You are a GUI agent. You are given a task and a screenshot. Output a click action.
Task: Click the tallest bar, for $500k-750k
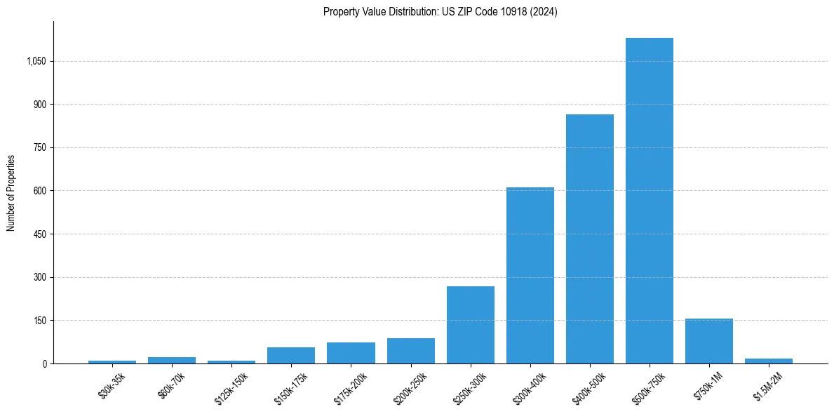[x=650, y=201]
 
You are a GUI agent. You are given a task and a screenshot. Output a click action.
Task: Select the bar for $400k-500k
[x=590, y=239]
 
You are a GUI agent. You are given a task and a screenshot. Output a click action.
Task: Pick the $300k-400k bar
[x=530, y=275]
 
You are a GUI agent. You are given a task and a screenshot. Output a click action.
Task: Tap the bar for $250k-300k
[x=471, y=325]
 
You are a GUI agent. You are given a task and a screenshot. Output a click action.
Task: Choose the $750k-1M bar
[x=709, y=341]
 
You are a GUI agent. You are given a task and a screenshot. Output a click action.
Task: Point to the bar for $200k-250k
[x=411, y=351]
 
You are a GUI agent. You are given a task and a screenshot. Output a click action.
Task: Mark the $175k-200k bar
[x=351, y=353]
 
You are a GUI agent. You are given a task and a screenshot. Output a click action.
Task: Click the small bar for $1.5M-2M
[x=769, y=361]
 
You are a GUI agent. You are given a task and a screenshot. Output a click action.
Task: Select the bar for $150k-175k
[x=291, y=355]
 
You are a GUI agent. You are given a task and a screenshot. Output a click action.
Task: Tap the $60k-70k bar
[x=172, y=360]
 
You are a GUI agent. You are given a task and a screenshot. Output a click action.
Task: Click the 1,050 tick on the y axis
[x=36, y=61]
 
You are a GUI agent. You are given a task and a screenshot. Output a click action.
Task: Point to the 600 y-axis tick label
[x=40, y=191]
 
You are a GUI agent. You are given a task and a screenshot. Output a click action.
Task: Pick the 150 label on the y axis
[x=40, y=321]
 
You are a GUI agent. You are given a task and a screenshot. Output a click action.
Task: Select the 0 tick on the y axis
[x=44, y=363]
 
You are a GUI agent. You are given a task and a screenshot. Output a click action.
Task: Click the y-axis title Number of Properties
[x=11, y=192]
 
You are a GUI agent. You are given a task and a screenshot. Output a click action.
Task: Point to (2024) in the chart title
[x=544, y=12]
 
